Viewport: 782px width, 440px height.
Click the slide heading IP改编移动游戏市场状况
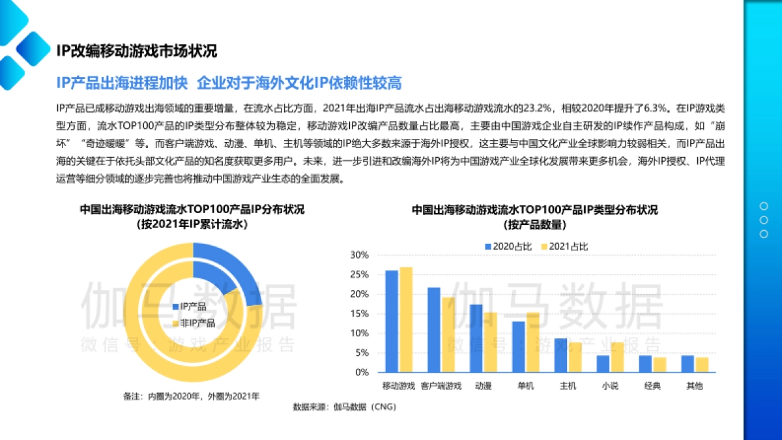click(136, 51)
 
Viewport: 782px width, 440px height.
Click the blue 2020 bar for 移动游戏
click(392, 321)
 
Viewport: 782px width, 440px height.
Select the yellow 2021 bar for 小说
click(617, 357)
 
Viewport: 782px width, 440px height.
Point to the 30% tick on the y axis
click(360, 255)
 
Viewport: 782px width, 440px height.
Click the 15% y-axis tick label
click(360, 314)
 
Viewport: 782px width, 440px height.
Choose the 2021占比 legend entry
click(564, 246)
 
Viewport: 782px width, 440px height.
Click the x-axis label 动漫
click(484, 386)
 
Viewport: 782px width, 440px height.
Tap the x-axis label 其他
click(695, 386)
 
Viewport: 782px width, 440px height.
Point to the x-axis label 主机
click(568, 386)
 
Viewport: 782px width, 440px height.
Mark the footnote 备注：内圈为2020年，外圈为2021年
click(191, 395)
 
